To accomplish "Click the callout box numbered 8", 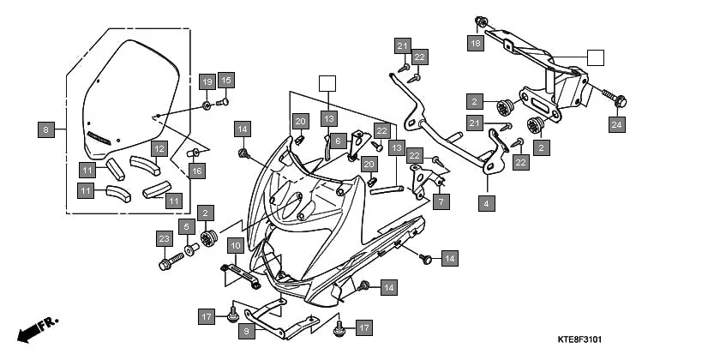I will point(47,131).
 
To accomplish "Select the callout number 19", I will point(207,81).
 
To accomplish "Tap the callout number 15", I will point(225,81).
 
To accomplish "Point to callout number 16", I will point(197,172).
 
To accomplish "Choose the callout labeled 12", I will point(159,149).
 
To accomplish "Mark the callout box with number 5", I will point(186,228).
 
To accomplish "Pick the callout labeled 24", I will point(616,124).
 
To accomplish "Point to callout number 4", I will point(486,204).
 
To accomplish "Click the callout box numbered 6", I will point(338,141).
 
